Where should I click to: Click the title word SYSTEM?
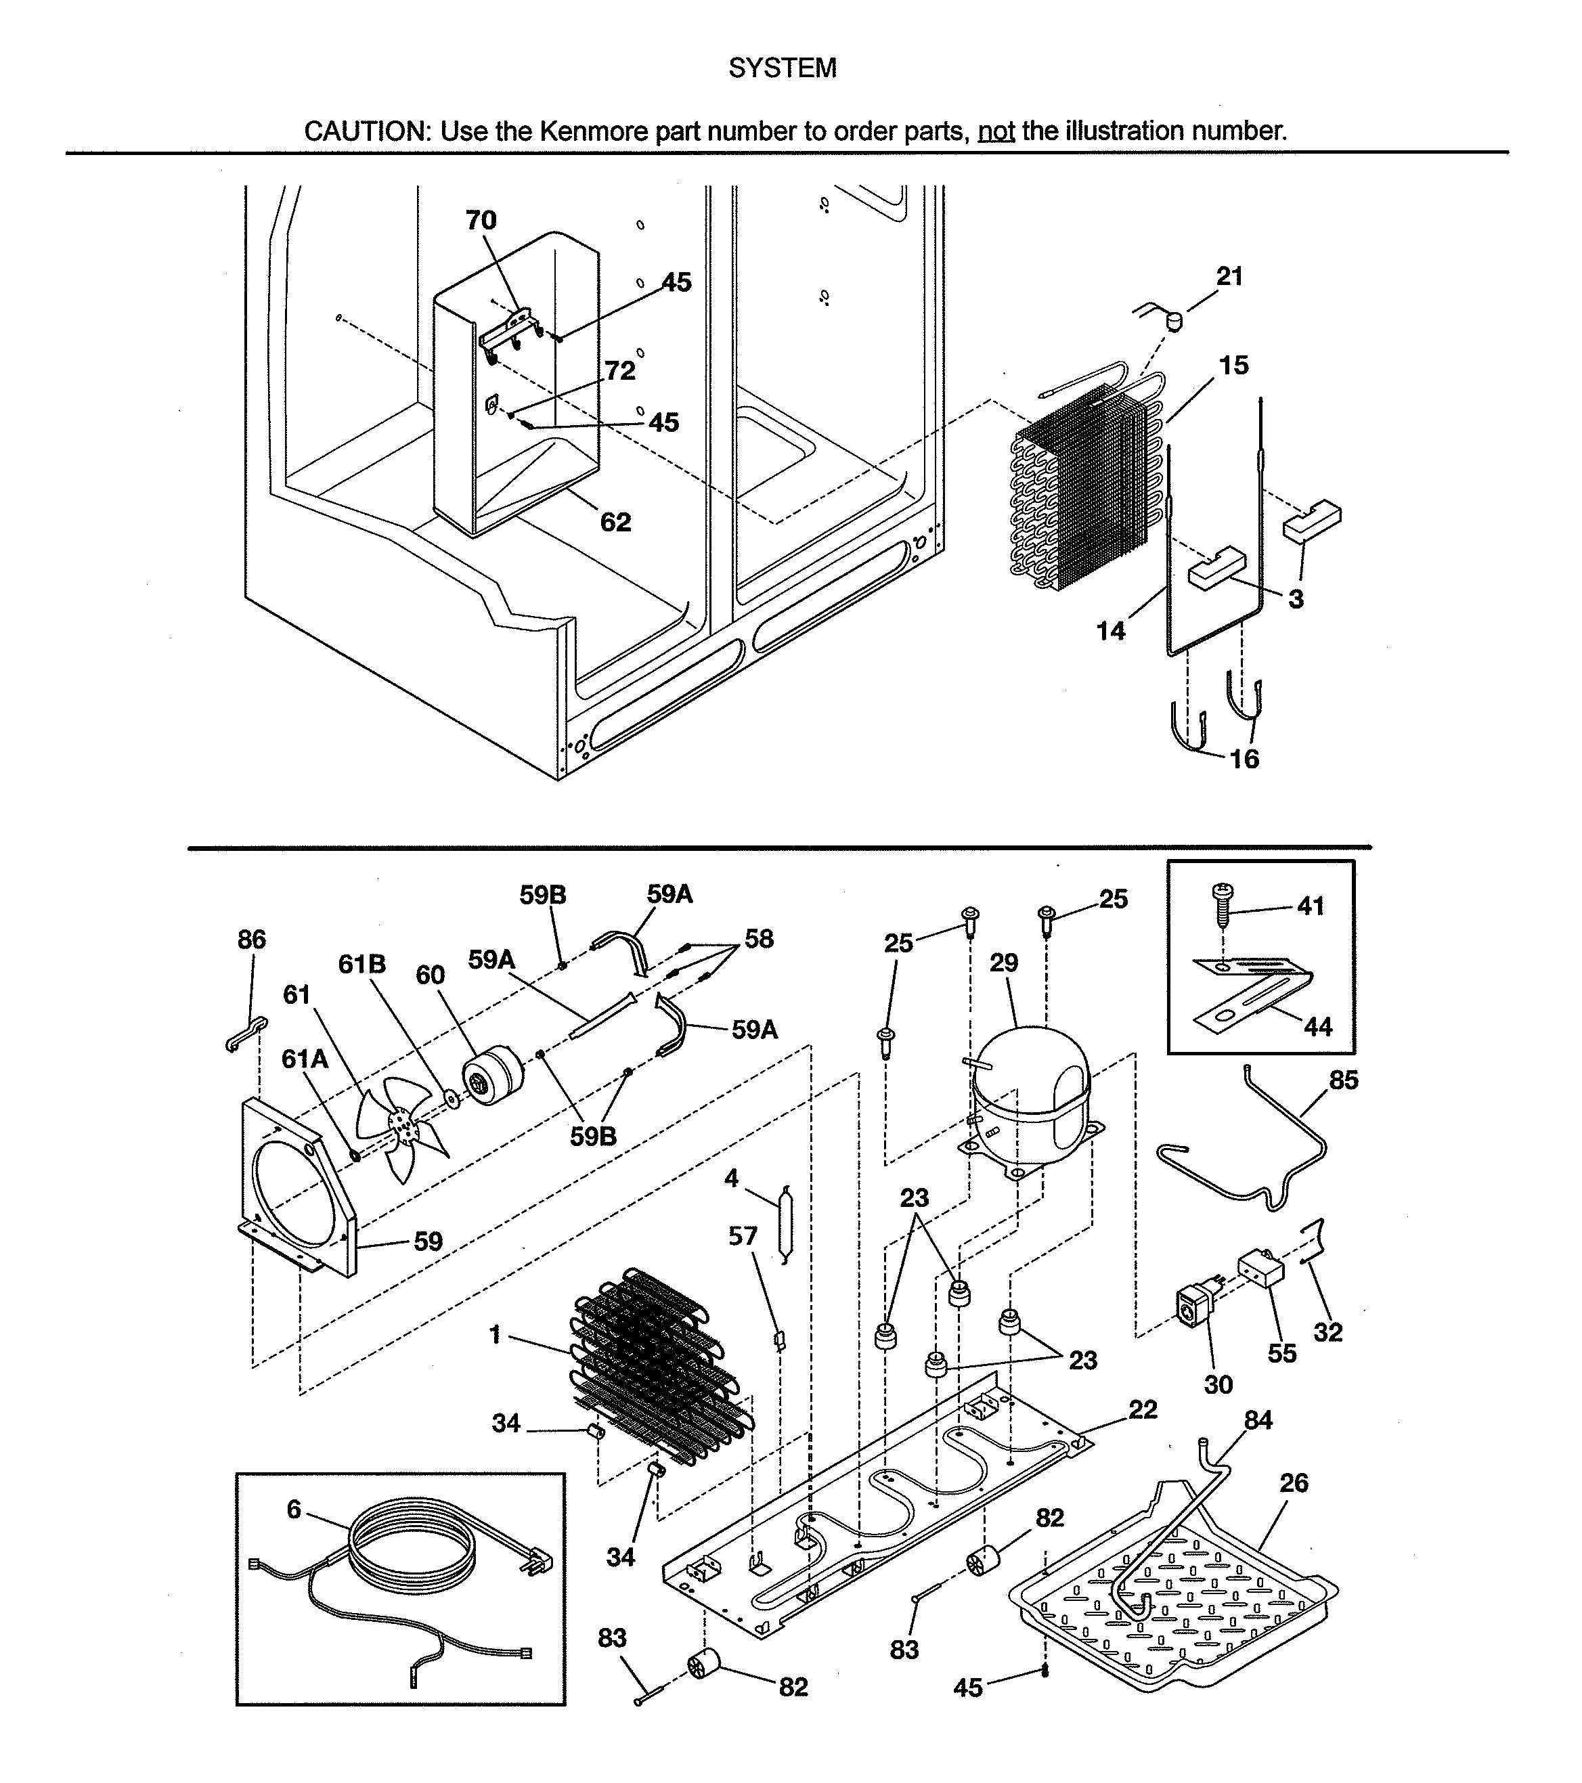(x=783, y=68)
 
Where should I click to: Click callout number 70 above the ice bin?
(x=481, y=220)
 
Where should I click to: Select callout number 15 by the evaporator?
(x=1233, y=365)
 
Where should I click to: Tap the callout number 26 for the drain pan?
(x=1294, y=1483)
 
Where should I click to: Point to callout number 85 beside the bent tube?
(x=1343, y=1080)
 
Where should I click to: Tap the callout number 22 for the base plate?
(x=1143, y=1409)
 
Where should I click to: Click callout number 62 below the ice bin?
(x=615, y=522)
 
